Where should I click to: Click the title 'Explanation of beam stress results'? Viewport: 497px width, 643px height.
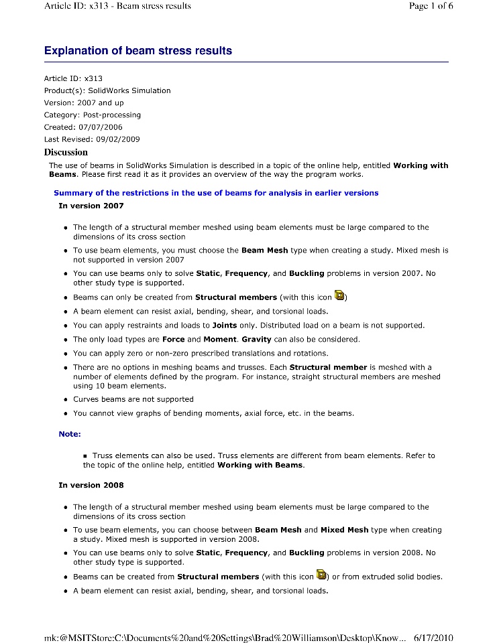138,51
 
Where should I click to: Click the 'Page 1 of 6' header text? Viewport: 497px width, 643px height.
431,6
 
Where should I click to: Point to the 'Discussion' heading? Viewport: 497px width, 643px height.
66,152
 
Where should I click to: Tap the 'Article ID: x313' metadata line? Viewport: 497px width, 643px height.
73,78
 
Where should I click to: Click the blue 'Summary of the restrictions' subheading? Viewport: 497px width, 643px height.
216,193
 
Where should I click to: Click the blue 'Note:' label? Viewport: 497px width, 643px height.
70,434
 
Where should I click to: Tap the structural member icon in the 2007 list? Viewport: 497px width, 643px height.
339,295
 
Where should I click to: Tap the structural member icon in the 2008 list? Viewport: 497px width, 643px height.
321,575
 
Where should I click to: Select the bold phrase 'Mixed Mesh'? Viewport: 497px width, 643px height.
344,530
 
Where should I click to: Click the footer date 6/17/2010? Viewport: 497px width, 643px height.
434,637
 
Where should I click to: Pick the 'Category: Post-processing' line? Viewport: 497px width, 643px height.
93,115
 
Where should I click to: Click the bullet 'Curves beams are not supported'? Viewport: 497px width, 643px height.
133,399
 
